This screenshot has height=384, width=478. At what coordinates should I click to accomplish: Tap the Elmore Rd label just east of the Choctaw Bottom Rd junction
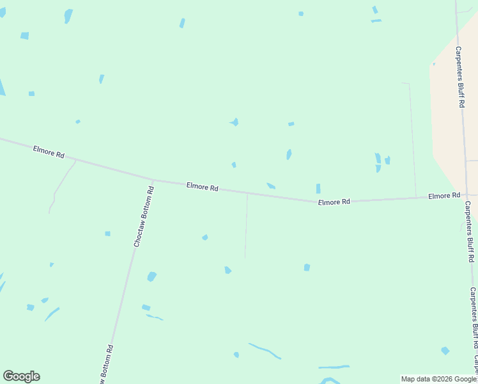point(203,188)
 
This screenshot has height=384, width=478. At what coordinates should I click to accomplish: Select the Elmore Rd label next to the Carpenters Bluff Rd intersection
point(444,195)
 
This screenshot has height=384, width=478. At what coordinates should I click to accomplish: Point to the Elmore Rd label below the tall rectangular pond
point(334,202)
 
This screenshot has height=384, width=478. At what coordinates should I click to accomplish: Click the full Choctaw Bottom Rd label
point(143,217)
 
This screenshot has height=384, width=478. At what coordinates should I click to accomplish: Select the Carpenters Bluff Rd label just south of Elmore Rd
point(470,232)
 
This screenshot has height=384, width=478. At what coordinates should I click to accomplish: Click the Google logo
point(21,376)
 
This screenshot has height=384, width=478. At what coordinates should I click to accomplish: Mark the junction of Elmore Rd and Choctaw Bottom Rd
point(153,180)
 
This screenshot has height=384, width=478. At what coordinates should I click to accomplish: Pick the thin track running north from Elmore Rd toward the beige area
point(412,141)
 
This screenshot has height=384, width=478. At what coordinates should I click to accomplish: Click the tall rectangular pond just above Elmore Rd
point(318,188)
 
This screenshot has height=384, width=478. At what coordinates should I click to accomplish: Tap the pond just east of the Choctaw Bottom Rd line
point(151,276)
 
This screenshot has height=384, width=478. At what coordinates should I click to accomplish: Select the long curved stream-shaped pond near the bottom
point(265,351)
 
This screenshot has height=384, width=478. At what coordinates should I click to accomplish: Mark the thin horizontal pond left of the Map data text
point(334,367)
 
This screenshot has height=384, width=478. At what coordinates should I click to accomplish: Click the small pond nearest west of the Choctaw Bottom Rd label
point(107,234)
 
